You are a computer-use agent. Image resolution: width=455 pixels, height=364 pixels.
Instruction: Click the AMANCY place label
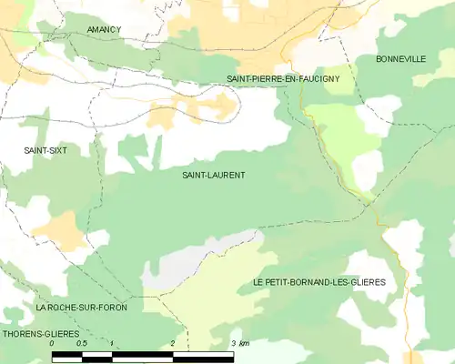point(104,30)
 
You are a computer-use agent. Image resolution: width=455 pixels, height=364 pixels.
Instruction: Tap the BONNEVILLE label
point(400,59)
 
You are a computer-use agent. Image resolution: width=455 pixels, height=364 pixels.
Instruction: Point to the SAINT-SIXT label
point(45,149)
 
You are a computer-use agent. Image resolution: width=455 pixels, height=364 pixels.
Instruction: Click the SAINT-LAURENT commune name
point(214,175)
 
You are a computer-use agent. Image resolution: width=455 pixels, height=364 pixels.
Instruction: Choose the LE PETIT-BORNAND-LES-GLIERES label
point(318,283)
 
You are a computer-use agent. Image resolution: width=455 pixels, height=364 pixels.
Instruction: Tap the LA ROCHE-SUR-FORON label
point(82,308)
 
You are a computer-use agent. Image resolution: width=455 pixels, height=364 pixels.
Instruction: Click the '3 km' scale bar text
point(240,344)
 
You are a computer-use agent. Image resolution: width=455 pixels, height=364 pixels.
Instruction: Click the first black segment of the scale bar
point(67,357)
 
